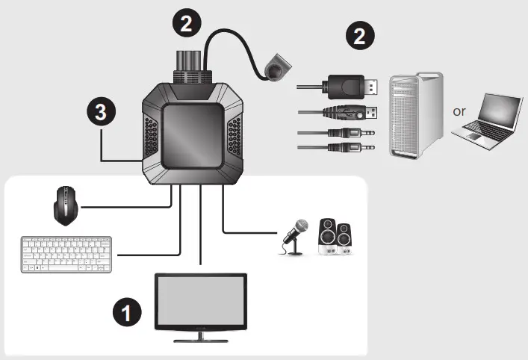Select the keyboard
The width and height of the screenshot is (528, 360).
(66, 255)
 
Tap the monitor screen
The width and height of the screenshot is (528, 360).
(201, 300)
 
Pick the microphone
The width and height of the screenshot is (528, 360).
(294, 238)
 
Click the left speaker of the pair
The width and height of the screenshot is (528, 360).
(326, 238)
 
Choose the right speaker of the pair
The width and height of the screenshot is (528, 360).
(345, 238)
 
